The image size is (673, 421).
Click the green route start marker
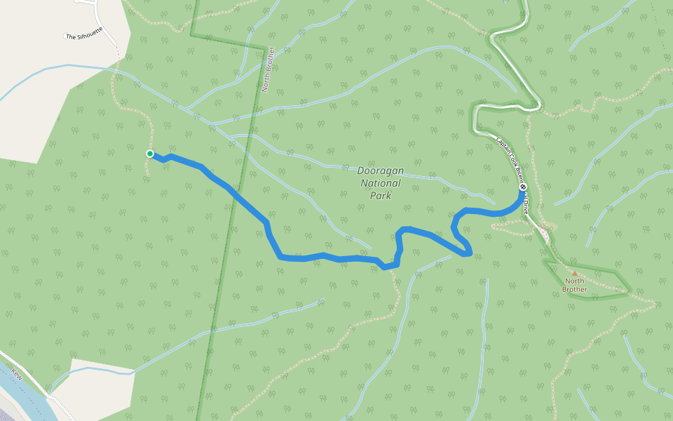click(150, 154)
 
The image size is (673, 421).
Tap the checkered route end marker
click(523, 187)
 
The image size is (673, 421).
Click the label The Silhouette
click(83, 33)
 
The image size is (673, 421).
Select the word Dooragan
click(380, 171)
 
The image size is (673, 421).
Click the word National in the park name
click(381, 184)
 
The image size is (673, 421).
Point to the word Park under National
click(380, 196)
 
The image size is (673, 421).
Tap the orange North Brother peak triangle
click(575, 274)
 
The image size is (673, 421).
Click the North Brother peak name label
click(575, 285)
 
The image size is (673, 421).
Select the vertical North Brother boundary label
click(266, 70)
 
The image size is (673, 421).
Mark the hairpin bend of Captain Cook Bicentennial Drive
click(476, 116)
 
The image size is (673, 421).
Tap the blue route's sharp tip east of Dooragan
click(470, 253)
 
